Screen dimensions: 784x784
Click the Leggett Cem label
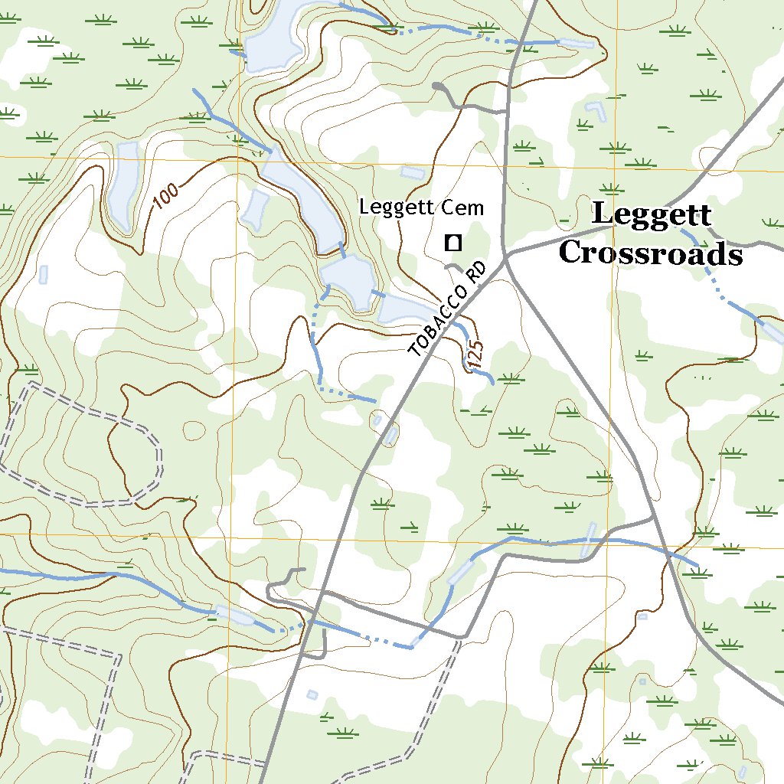(x=422, y=207)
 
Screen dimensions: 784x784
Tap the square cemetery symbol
(x=452, y=243)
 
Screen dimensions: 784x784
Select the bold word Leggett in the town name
(x=652, y=215)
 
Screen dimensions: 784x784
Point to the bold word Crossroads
(x=650, y=253)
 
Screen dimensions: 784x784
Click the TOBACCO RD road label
(x=449, y=310)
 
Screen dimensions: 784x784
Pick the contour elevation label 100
(x=165, y=196)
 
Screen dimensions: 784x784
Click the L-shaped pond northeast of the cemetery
(x=595, y=112)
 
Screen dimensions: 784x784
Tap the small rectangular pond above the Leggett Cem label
(x=411, y=172)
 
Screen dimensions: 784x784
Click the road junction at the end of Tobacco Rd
(x=506, y=260)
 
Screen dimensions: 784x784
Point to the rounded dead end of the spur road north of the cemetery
(x=437, y=87)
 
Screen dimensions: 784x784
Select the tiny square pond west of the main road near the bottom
(x=312, y=694)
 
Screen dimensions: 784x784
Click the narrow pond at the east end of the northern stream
(x=576, y=43)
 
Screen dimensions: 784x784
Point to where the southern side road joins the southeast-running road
(x=653, y=520)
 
